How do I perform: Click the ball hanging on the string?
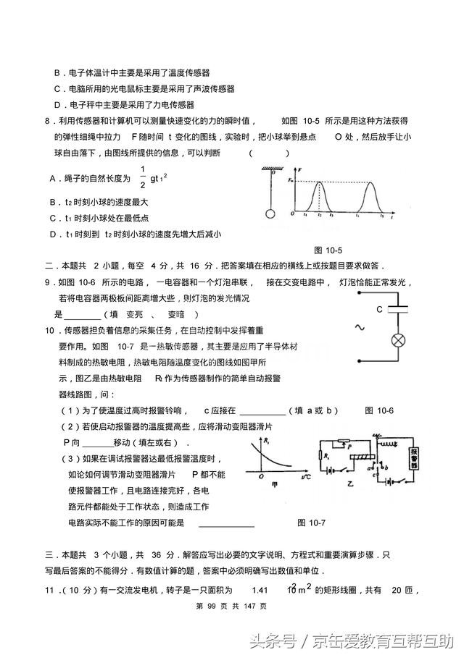tap(270, 214)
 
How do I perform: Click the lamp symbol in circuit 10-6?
tap(397, 340)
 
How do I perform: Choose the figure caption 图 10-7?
tap(312, 523)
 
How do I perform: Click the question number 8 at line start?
tap(47, 121)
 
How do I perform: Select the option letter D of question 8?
tap(53, 234)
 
